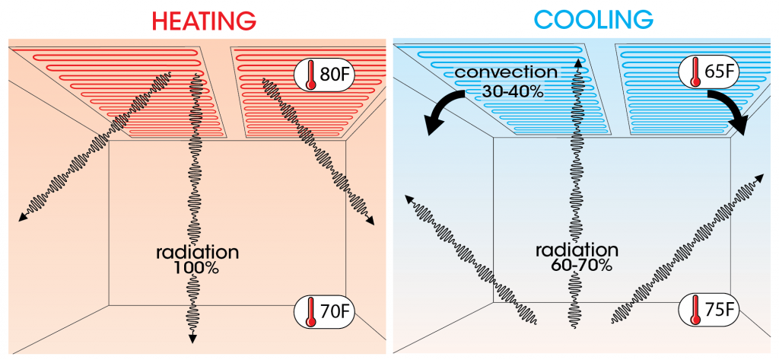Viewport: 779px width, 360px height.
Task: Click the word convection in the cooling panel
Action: click(x=506, y=73)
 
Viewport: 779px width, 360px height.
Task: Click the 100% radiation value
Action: click(x=196, y=268)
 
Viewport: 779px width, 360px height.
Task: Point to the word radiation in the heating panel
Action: click(x=196, y=252)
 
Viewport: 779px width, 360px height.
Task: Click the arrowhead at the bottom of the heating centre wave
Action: click(x=192, y=337)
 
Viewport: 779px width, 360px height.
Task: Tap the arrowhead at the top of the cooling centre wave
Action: click(x=578, y=61)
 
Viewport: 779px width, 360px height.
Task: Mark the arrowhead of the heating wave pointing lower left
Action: click(x=21, y=218)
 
